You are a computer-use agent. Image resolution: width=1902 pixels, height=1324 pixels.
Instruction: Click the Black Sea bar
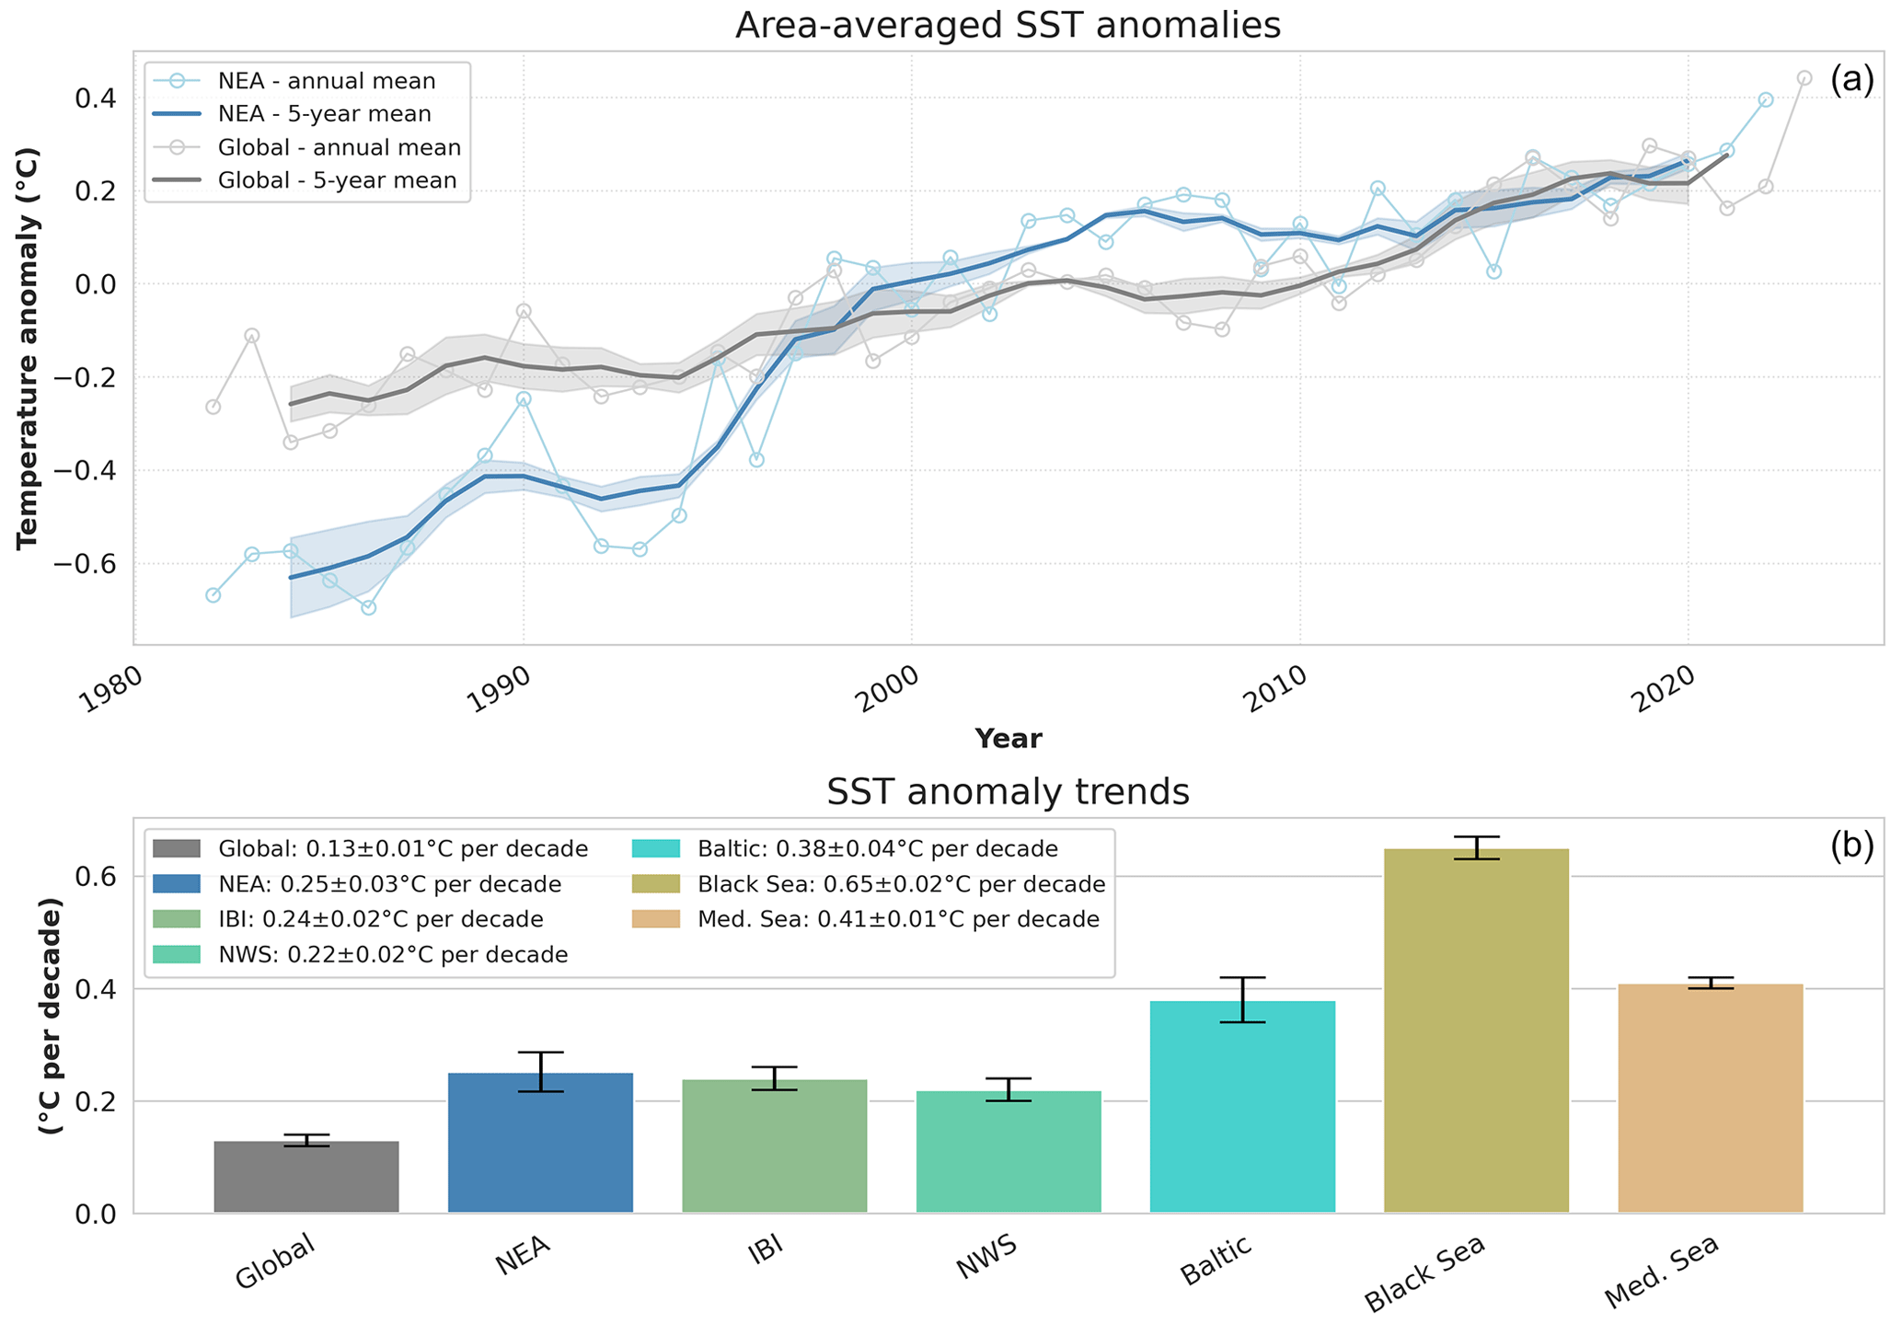[x=1476, y=1030]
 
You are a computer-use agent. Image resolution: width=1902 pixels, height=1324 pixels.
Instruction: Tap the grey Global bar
[x=306, y=1177]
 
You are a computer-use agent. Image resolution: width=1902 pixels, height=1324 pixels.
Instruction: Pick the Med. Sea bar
[x=1710, y=1099]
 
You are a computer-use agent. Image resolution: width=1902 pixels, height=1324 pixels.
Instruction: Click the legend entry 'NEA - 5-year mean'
[x=324, y=114]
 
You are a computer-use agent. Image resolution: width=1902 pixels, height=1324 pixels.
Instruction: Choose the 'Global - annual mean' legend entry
[x=339, y=147]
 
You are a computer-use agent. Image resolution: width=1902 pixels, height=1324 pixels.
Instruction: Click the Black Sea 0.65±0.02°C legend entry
[x=900, y=884]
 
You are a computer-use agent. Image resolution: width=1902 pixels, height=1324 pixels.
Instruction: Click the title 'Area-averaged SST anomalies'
[x=1008, y=25]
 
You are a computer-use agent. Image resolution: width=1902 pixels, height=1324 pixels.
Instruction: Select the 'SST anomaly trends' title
[x=1008, y=792]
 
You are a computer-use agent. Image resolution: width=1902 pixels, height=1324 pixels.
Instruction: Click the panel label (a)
[x=1850, y=80]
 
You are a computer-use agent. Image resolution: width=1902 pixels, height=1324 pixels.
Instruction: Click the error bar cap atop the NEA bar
[x=540, y=1052]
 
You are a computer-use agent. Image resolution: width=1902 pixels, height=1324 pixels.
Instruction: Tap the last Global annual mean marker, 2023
[x=1804, y=78]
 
